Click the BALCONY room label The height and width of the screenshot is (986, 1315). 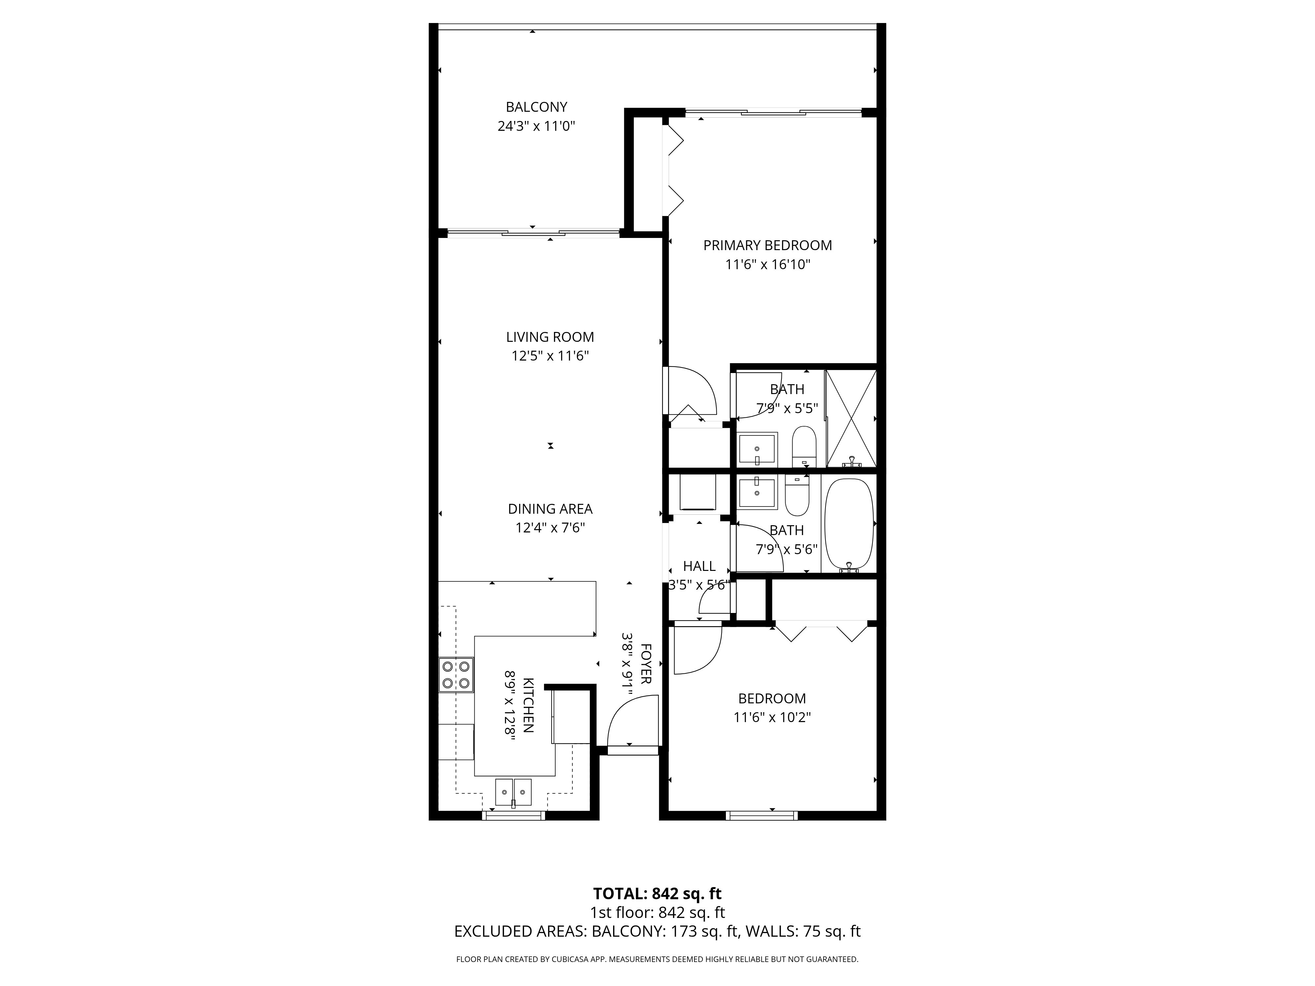pyautogui.click(x=536, y=107)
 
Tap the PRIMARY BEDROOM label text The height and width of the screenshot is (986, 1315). pyautogui.click(x=768, y=246)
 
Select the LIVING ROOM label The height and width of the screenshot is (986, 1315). pyautogui.click(x=550, y=337)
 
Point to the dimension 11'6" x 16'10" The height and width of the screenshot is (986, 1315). pyautogui.click(x=768, y=265)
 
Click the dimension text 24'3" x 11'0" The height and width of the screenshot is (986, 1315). pyautogui.click(x=536, y=126)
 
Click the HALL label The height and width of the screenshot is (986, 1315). pyautogui.click(x=699, y=566)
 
